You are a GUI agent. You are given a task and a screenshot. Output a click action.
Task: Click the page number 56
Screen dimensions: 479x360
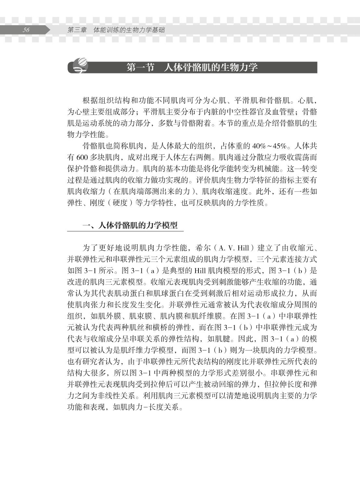26,30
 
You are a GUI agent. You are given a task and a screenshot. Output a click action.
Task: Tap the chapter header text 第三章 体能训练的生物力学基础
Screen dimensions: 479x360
116,30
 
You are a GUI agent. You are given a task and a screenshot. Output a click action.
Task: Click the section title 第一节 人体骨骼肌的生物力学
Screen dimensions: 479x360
192,67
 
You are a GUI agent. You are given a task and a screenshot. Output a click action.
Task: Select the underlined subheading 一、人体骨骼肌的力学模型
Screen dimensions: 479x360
130,226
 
